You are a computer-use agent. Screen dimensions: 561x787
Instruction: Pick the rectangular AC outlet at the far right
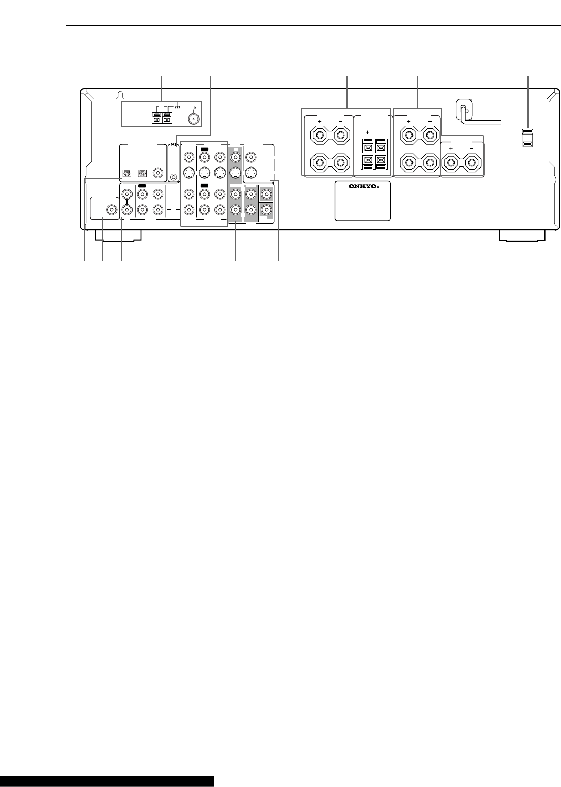pos(527,138)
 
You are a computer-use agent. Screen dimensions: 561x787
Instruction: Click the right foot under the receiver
pos(522,236)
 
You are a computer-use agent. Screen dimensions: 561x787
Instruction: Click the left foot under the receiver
pos(119,236)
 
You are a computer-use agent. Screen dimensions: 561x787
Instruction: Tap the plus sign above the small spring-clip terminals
pos(367,132)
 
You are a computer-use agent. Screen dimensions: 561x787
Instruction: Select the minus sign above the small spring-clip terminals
pos(382,132)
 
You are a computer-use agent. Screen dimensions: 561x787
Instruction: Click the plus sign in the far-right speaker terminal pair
pos(451,149)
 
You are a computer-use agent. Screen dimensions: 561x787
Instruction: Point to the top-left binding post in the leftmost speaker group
pos(320,135)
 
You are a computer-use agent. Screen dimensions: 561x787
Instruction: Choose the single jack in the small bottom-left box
pos(111,210)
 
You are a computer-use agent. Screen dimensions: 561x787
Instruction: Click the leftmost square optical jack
pos(126,173)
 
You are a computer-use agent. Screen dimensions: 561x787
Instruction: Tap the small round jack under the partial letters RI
pos(173,177)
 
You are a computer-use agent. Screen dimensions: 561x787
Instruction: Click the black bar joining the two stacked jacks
pos(126,202)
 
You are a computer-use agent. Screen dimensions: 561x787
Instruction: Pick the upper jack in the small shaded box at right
pos(266,194)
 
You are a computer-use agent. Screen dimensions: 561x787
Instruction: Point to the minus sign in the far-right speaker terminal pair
pos(472,149)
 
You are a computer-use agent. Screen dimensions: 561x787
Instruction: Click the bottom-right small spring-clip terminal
pos(381,161)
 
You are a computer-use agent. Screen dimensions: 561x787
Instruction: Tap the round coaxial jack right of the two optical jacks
pos(158,173)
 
